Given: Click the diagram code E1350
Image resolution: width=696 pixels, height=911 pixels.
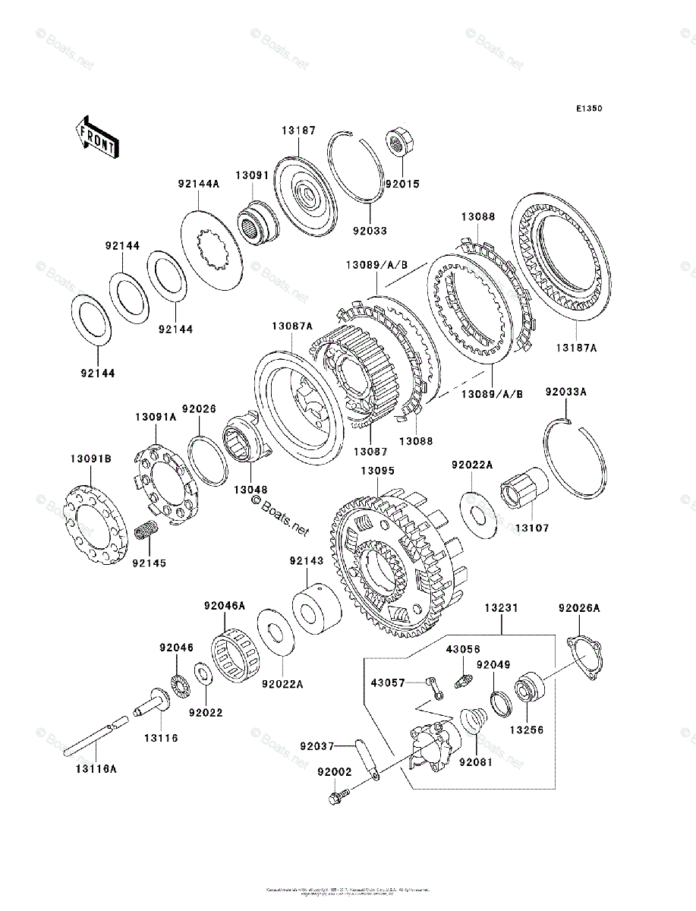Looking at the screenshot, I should (588, 109).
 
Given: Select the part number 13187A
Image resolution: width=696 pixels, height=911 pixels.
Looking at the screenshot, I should (576, 348).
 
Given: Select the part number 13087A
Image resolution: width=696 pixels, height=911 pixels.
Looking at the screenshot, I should (292, 326).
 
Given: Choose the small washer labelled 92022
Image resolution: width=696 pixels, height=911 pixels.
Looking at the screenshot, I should (203, 674).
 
